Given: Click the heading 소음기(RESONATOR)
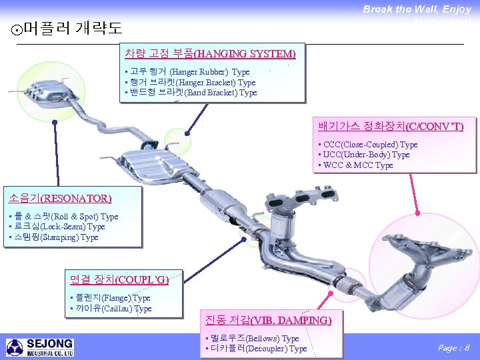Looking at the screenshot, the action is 59,198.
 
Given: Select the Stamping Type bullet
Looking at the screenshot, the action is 53,237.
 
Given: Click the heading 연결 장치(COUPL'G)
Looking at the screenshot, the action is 119,279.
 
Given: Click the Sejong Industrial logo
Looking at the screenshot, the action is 40,347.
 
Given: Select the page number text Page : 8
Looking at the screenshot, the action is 453,347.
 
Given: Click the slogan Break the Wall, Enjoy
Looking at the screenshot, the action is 417,9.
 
